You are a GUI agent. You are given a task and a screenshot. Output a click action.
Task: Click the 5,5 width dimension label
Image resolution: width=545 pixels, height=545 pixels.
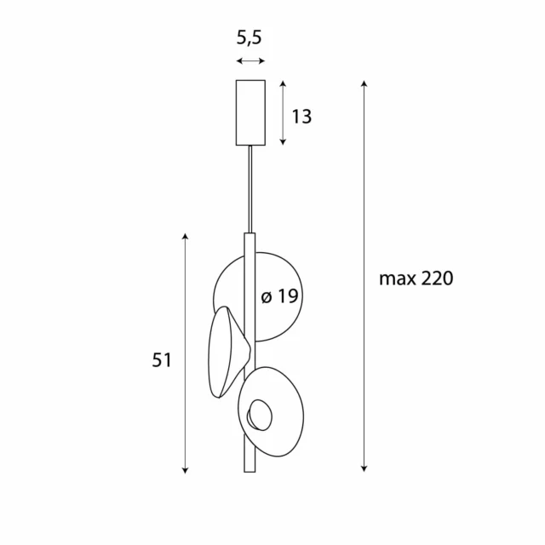tap(250, 38)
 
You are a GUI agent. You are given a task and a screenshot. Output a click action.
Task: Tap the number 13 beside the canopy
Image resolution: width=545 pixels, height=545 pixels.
tap(301, 117)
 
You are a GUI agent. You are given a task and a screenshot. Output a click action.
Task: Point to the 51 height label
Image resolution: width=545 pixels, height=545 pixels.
tap(162, 360)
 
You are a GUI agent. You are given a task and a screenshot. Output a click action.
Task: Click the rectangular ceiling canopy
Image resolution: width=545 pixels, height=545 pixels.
tap(250, 112)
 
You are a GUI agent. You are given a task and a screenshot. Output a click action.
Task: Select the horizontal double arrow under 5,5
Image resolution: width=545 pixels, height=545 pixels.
tap(250, 61)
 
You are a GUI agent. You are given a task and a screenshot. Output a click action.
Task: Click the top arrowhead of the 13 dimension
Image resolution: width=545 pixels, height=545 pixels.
tap(283, 83)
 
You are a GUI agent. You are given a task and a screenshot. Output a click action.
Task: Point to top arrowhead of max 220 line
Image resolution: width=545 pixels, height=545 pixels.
tap(364, 83)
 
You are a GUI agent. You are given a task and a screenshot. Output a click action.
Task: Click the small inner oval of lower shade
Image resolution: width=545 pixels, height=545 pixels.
tap(259, 416)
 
